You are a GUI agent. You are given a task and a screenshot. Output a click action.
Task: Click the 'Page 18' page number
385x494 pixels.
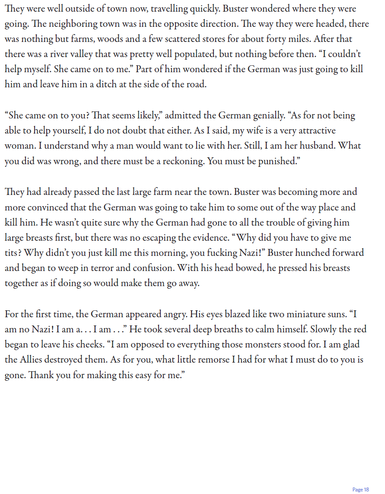point(360,489)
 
